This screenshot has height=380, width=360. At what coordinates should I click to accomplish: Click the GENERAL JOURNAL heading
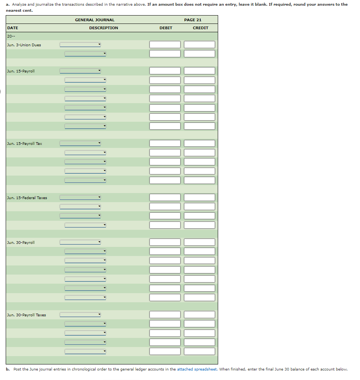click(x=94, y=20)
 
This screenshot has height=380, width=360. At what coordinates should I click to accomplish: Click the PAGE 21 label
click(x=193, y=20)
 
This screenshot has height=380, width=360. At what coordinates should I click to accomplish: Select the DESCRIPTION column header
click(x=104, y=28)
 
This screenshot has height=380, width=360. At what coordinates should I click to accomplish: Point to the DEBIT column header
click(x=166, y=28)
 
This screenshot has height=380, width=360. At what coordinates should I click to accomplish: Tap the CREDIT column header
click(x=200, y=28)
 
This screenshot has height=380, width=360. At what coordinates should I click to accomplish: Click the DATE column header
click(x=13, y=28)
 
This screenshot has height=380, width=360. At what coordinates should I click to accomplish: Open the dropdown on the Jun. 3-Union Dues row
click(x=80, y=45)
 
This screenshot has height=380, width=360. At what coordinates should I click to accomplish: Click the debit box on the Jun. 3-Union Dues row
click(x=165, y=45)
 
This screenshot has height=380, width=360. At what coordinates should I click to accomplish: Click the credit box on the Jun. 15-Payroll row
click(x=200, y=71)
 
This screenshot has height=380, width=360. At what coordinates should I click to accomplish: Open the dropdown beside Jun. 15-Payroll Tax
click(x=80, y=143)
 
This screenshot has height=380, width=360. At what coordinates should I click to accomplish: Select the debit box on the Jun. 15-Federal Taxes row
click(x=165, y=198)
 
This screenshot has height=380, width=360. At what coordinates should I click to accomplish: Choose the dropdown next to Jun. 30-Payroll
click(x=80, y=242)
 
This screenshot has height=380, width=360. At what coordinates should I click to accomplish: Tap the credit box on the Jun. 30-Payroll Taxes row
click(x=200, y=315)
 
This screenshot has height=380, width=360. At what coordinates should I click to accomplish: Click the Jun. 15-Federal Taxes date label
click(x=27, y=198)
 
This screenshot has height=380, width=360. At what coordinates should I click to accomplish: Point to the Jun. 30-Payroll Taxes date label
click(x=26, y=315)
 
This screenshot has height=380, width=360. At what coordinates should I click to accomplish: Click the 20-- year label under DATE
click(x=11, y=36)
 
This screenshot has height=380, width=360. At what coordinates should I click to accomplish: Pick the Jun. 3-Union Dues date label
click(x=24, y=45)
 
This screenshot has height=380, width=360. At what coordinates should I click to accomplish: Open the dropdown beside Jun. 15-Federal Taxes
click(x=80, y=198)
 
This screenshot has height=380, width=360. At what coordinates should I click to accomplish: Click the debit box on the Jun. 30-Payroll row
click(x=165, y=242)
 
